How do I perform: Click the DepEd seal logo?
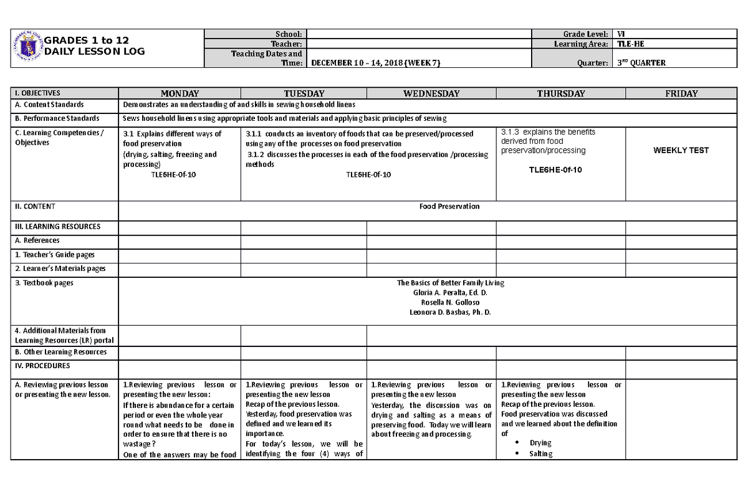coord(26,47)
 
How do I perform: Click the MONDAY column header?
coord(180,93)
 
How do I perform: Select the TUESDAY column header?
coord(304,93)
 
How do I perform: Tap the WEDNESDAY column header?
coord(431,93)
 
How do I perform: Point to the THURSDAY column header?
coord(561,93)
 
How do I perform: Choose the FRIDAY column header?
coord(681,93)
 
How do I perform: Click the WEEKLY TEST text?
coord(681,150)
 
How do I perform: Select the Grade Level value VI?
coord(621,34)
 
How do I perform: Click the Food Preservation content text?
coord(449,206)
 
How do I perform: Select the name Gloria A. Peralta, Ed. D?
coord(450,293)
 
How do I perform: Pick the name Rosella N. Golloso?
coord(450,302)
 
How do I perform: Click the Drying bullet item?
coord(540,443)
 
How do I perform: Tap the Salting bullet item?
coord(540,453)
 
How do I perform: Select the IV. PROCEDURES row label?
coord(42,366)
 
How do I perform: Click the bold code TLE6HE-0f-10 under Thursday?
coord(555,170)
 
